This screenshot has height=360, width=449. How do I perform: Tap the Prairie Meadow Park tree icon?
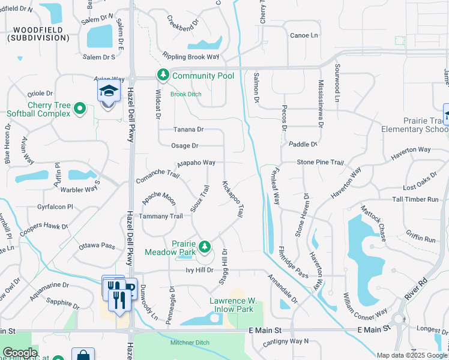click(x=205, y=246)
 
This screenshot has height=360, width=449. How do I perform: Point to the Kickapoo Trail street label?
click(x=233, y=199)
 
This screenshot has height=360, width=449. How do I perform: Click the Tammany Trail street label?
click(x=160, y=216)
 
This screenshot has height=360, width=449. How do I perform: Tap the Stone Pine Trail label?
click(x=320, y=163)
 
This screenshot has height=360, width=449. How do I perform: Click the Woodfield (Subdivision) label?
click(x=38, y=34)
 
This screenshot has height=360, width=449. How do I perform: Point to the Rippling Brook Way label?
click(x=191, y=56)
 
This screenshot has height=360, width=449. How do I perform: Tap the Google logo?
click(x=20, y=353)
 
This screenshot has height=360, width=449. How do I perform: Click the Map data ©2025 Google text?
click(x=412, y=355)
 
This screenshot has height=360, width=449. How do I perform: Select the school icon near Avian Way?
click(x=109, y=92)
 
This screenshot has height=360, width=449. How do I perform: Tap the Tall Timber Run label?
click(x=415, y=199)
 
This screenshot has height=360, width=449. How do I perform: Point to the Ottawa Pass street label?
click(x=97, y=246)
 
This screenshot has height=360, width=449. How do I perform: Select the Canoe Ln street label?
click(x=304, y=35)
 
